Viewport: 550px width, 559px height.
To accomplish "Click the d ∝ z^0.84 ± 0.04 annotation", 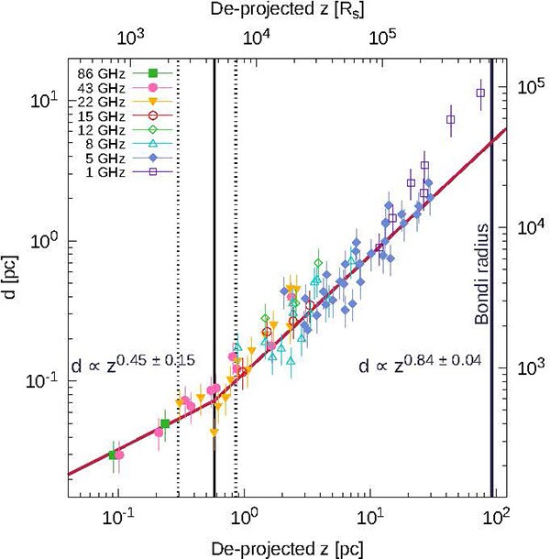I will click(x=418, y=364).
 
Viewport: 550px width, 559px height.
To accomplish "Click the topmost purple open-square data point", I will click(x=479, y=93).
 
